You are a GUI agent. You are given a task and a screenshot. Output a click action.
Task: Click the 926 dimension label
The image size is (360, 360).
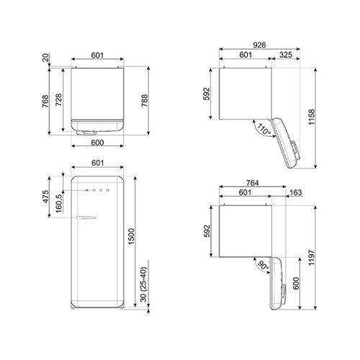point(259,45)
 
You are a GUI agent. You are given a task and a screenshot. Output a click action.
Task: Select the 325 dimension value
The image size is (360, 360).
point(286,55)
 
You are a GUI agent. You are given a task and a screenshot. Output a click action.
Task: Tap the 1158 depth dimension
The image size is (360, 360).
point(311,117)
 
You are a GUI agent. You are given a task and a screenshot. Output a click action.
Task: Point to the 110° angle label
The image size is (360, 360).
point(264,130)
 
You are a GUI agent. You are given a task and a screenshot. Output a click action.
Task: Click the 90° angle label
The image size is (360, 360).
point(263,266)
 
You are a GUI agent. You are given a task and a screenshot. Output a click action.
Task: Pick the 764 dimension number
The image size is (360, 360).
point(253,183)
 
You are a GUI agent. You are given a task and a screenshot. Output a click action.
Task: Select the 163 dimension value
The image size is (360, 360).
point(296,192)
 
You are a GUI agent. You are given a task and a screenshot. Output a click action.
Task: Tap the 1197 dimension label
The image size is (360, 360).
point(311,258)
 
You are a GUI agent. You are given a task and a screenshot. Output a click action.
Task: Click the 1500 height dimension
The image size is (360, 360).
point(131,237)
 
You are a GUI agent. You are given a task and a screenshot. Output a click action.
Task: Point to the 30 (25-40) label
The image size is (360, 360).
point(143,284)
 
